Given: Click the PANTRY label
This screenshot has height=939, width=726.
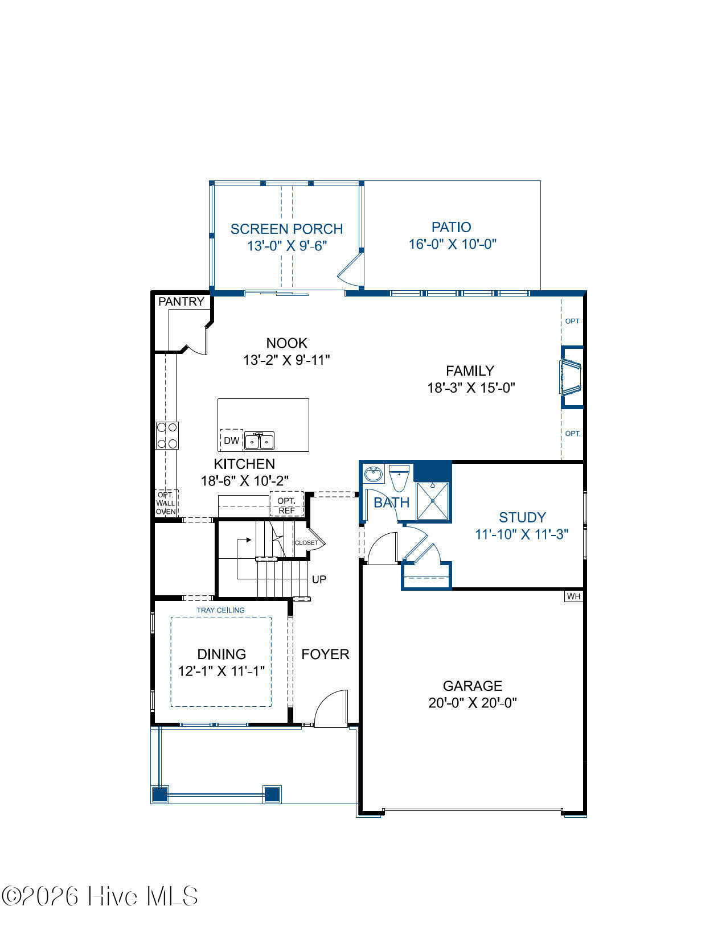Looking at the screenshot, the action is (181, 301).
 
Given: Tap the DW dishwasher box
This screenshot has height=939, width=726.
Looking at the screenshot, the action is (231, 440).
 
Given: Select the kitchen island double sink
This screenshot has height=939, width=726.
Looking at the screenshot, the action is (259, 441).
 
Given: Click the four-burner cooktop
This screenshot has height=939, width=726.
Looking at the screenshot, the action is (167, 435).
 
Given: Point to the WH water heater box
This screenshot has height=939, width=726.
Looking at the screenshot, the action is (574, 596).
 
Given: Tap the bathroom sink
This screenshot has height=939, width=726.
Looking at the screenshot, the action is (373, 474).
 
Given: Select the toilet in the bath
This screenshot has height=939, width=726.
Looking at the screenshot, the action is (399, 477).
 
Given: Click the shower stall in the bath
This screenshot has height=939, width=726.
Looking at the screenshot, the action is (432, 501).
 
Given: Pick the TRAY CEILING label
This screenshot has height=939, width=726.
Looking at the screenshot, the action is (220, 610).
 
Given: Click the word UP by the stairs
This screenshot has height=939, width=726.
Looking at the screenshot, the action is (319, 579).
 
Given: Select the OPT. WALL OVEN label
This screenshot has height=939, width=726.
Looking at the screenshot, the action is (166, 503).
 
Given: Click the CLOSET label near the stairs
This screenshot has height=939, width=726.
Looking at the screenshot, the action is (306, 543).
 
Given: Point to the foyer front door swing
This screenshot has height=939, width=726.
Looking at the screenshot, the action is (331, 708).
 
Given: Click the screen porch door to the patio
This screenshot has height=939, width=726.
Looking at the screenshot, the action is (350, 270).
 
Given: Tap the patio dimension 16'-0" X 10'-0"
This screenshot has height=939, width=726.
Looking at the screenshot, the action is (452, 244).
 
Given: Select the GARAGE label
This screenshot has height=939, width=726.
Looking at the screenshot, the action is (473, 686).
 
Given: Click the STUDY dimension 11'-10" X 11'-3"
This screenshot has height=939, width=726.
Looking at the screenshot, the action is (522, 534).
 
